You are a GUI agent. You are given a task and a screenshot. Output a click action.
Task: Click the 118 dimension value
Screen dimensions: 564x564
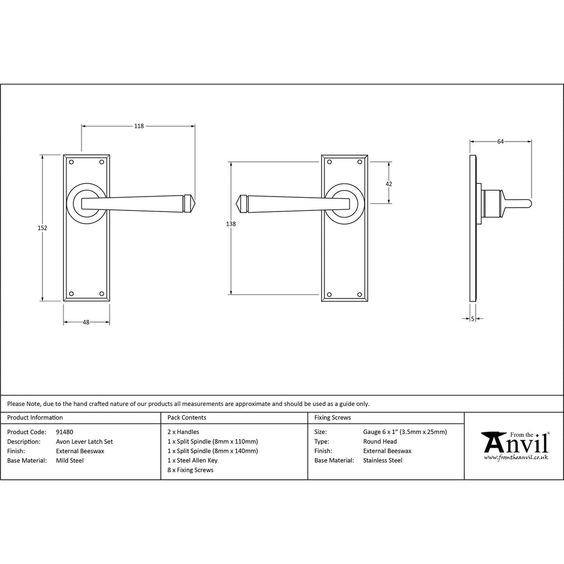[x=139, y=126]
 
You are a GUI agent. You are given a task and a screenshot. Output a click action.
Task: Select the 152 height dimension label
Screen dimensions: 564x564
[x=42, y=227]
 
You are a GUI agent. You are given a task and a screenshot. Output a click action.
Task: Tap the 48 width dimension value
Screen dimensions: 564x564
[x=86, y=322]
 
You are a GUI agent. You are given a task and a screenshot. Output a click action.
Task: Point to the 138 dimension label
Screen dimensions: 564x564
[x=231, y=224]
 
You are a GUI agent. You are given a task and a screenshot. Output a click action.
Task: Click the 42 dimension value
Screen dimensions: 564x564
[x=389, y=184]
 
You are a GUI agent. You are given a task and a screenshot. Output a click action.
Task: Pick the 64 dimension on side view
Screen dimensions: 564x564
[x=500, y=142]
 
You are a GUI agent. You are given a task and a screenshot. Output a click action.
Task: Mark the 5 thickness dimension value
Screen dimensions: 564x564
[x=473, y=318]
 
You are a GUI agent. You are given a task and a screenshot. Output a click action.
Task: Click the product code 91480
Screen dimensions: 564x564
[x=64, y=432]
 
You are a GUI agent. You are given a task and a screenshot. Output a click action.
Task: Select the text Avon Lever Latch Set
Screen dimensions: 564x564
[x=84, y=442]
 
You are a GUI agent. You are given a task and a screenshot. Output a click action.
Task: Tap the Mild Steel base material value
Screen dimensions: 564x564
[x=70, y=461]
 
